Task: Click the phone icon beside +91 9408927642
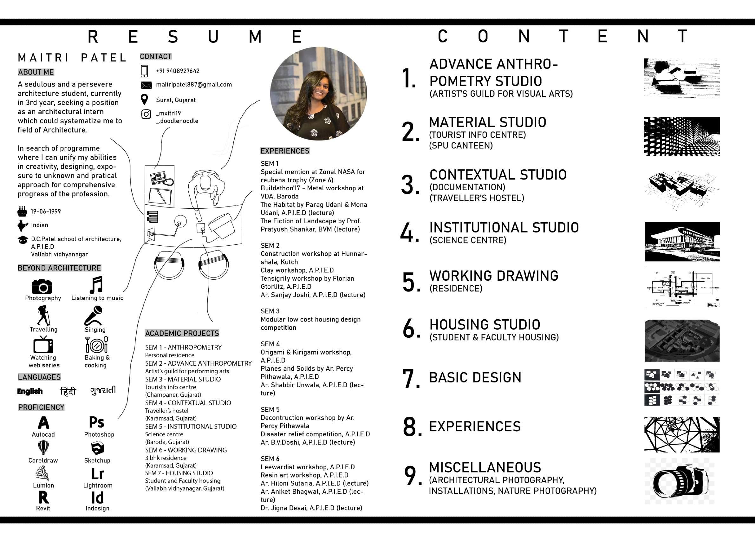pos(144,71)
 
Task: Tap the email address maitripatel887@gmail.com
pos(194,85)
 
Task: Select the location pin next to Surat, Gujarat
pos(144,99)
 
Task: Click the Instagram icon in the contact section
pos(146,114)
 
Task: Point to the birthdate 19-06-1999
pos(46,212)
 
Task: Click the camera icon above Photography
pos(42,287)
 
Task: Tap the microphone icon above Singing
pos(94,315)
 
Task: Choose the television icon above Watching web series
pos(43,345)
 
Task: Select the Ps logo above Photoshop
pos(96,422)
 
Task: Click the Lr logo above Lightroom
pos(97,474)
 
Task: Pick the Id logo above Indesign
pos(97,498)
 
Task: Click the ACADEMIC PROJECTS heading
pos(182,333)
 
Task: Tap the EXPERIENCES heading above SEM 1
pos(285,151)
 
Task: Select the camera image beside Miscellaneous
pos(680,481)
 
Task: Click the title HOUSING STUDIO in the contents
pos(485,325)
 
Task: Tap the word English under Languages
pos(30,391)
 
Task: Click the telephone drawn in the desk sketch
pos(161,178)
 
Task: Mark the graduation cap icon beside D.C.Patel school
pos(23,240)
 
